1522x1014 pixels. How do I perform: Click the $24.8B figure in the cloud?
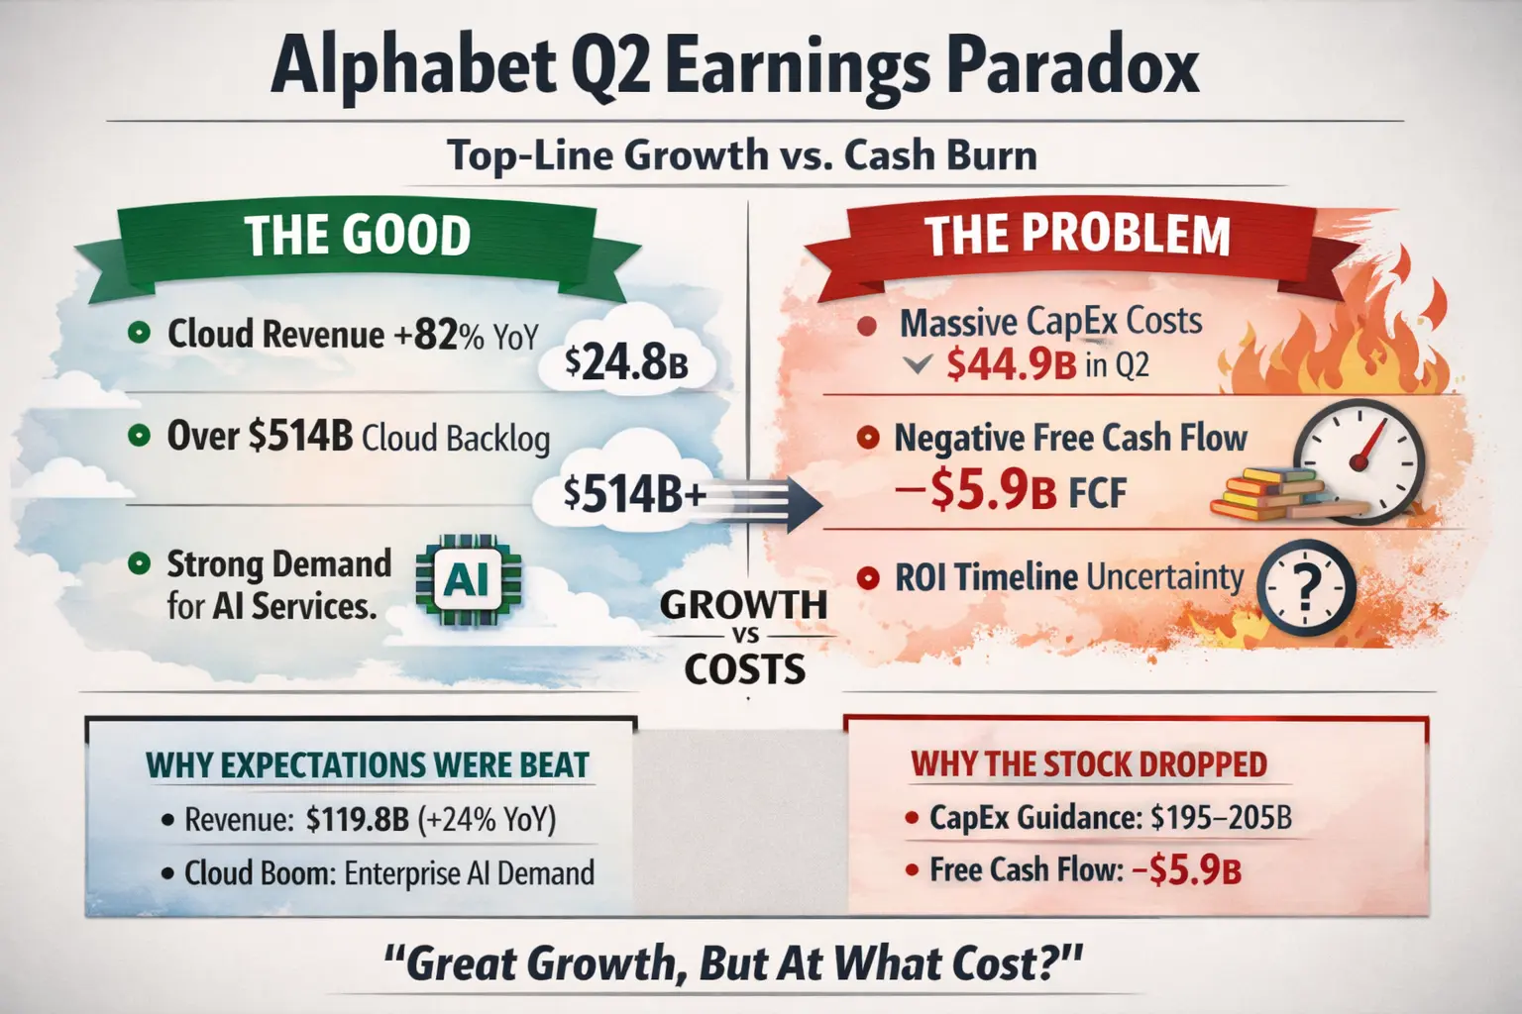626,363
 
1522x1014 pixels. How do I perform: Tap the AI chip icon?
468,579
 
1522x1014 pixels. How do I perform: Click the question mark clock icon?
1306,588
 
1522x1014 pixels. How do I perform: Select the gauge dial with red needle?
1359,461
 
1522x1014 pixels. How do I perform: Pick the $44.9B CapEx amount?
1011,364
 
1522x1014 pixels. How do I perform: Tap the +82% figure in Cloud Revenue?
438,335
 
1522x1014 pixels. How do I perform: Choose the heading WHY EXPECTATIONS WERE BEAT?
367,764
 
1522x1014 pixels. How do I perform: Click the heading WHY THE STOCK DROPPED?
1089,764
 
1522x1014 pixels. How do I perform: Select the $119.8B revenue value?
358,819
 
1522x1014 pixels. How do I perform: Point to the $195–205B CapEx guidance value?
1221,817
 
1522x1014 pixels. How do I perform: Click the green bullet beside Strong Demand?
140,563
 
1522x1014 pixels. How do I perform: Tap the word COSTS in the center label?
745,669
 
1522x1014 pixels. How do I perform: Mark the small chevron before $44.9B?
918,365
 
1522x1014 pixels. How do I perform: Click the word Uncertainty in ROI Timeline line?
1164,577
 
